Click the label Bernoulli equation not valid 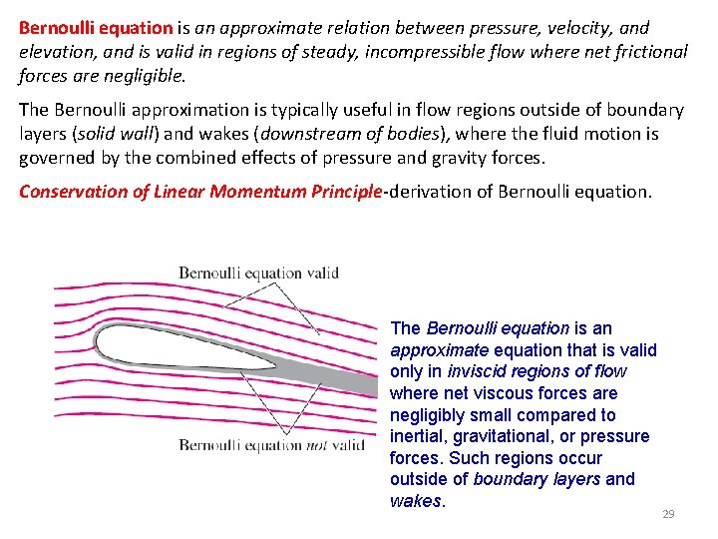pos(271,445)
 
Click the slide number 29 pos(668,514)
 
